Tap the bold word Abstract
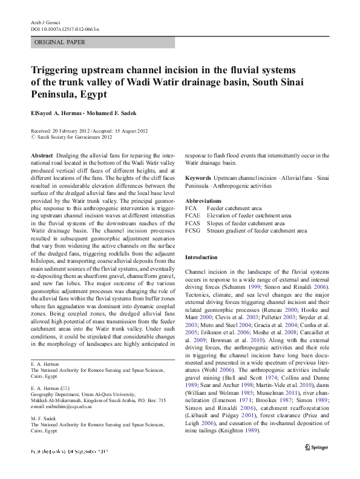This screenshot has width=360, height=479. click(x=41, y=156)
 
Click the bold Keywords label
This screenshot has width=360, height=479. click(x=198, y=178)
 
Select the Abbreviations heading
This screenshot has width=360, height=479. click(x=203, y=200)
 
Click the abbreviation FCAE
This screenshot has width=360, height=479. click(x=192, y=216)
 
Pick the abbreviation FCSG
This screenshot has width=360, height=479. click(x=192, y=231)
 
